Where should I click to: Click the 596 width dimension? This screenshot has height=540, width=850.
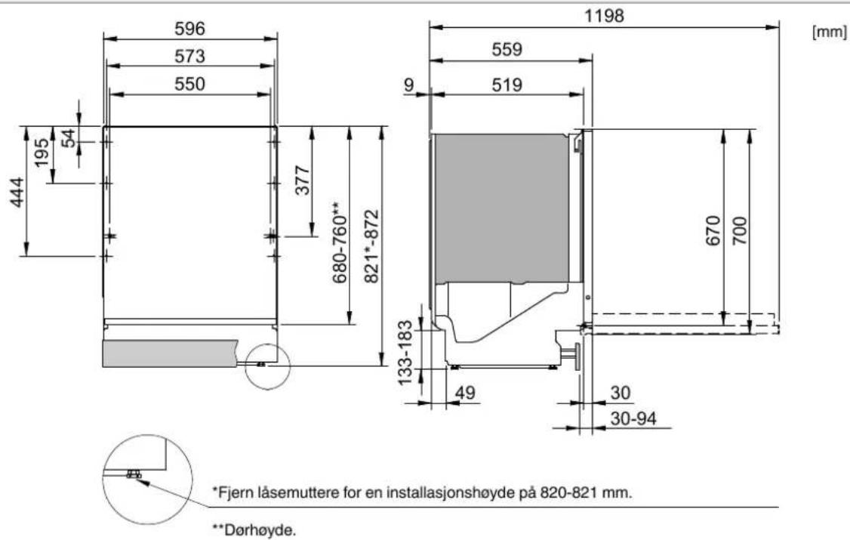pyautogui.click(x=189, y=29)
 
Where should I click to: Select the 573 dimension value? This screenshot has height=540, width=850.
pyautogui.click(x=189, y=57)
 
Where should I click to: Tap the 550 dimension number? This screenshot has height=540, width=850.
pyautogui.click(x=189, y=84)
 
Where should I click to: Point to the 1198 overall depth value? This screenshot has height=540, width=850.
pyautogui.click(x=604, y=16)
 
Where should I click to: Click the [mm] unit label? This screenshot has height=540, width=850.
pyautogui.click(x=829, y=32)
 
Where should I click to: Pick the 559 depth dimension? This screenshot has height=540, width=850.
pyautogui.click(x=507, y=49)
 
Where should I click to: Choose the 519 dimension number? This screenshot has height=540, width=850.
pyautogui.click(x=507, y=85)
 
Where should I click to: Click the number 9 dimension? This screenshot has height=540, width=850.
pyautogui.click(x=408, y=85)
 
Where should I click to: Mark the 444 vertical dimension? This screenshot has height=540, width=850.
pyautogui.click(x=17, y=193)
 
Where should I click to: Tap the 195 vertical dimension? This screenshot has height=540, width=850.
pyautogui.click(x=42, y=153)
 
